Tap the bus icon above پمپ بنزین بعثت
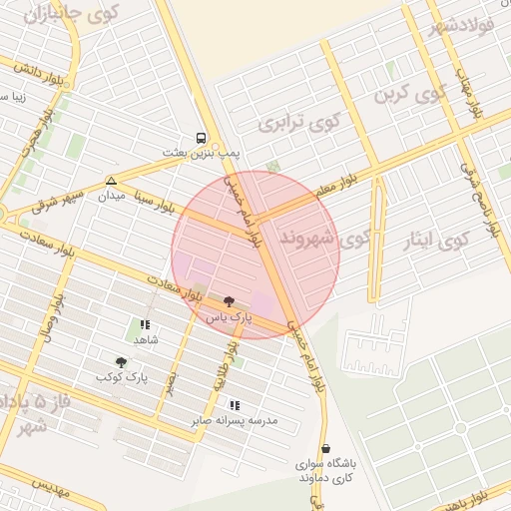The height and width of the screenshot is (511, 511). (x=203, y=139)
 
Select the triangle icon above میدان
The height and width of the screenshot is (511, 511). (x=111, y=182)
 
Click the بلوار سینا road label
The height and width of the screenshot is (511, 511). (x=160, y=207)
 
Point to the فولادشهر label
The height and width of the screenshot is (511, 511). (x=464, y=21)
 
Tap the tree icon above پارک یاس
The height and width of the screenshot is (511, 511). (x=230, y=301)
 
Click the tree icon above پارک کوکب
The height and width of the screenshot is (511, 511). (x=122, y=362)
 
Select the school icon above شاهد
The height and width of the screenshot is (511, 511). (x=146, y=324)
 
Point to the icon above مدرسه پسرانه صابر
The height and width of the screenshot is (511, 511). (x=235, y=405)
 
